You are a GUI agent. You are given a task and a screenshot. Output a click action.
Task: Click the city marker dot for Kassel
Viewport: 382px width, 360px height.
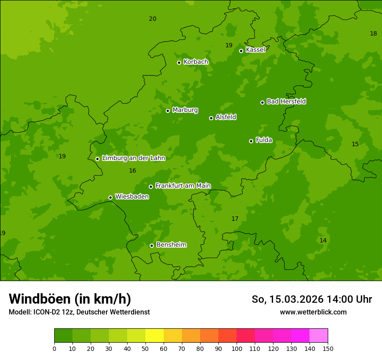pyautogui.click(x=241, y=51)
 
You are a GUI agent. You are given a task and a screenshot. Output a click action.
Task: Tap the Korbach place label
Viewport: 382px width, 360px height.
pyautogui.click(x=196, y=62)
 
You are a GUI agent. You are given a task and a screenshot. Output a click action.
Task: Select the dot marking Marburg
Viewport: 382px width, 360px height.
pyautogui.click(x=168, y=111)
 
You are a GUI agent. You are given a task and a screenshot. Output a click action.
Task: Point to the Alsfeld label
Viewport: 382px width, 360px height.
pyautogui.click(x=226, y=117)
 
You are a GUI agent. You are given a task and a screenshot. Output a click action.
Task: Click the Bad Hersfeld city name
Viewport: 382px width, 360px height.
pyautogui.click(x=286, y=101)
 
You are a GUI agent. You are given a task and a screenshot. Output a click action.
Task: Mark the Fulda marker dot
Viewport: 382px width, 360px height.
pyautogui.click(x=251, y=141)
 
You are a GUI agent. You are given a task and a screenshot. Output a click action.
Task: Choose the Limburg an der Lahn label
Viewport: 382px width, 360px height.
pyautogui.click(x=133, y=158)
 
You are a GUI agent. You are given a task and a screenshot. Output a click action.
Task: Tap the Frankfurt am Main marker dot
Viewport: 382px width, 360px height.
pyautogui.click(x=151, y=187)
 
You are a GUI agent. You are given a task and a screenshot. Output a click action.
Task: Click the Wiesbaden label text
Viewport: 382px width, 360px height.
pyautogui.click(x=132, y=196)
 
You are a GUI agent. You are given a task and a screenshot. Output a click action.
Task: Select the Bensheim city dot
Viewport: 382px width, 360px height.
pyautogui.click(x=151, y=245)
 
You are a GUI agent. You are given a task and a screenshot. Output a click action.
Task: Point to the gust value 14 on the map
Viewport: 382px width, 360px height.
pyautogui.click(x=323, y=240)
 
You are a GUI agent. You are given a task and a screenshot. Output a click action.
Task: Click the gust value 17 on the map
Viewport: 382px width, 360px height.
pyautogui.click(x=235, y=219)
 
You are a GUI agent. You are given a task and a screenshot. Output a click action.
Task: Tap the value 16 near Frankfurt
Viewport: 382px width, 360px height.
pyautogui.click(x=132, y=171)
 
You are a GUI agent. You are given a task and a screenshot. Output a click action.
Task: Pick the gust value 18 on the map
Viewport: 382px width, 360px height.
pyautogui.click(x=373, y=34)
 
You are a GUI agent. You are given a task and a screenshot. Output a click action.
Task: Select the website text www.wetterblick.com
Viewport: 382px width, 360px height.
pyautogui.click(x=313, y=312)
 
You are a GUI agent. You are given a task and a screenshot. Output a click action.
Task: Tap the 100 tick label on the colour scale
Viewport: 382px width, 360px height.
pyautogui.click(x=237, y=348)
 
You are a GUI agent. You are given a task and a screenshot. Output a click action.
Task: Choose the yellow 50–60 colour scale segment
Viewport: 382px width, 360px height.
pyautogui.click(x=155, y=336)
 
